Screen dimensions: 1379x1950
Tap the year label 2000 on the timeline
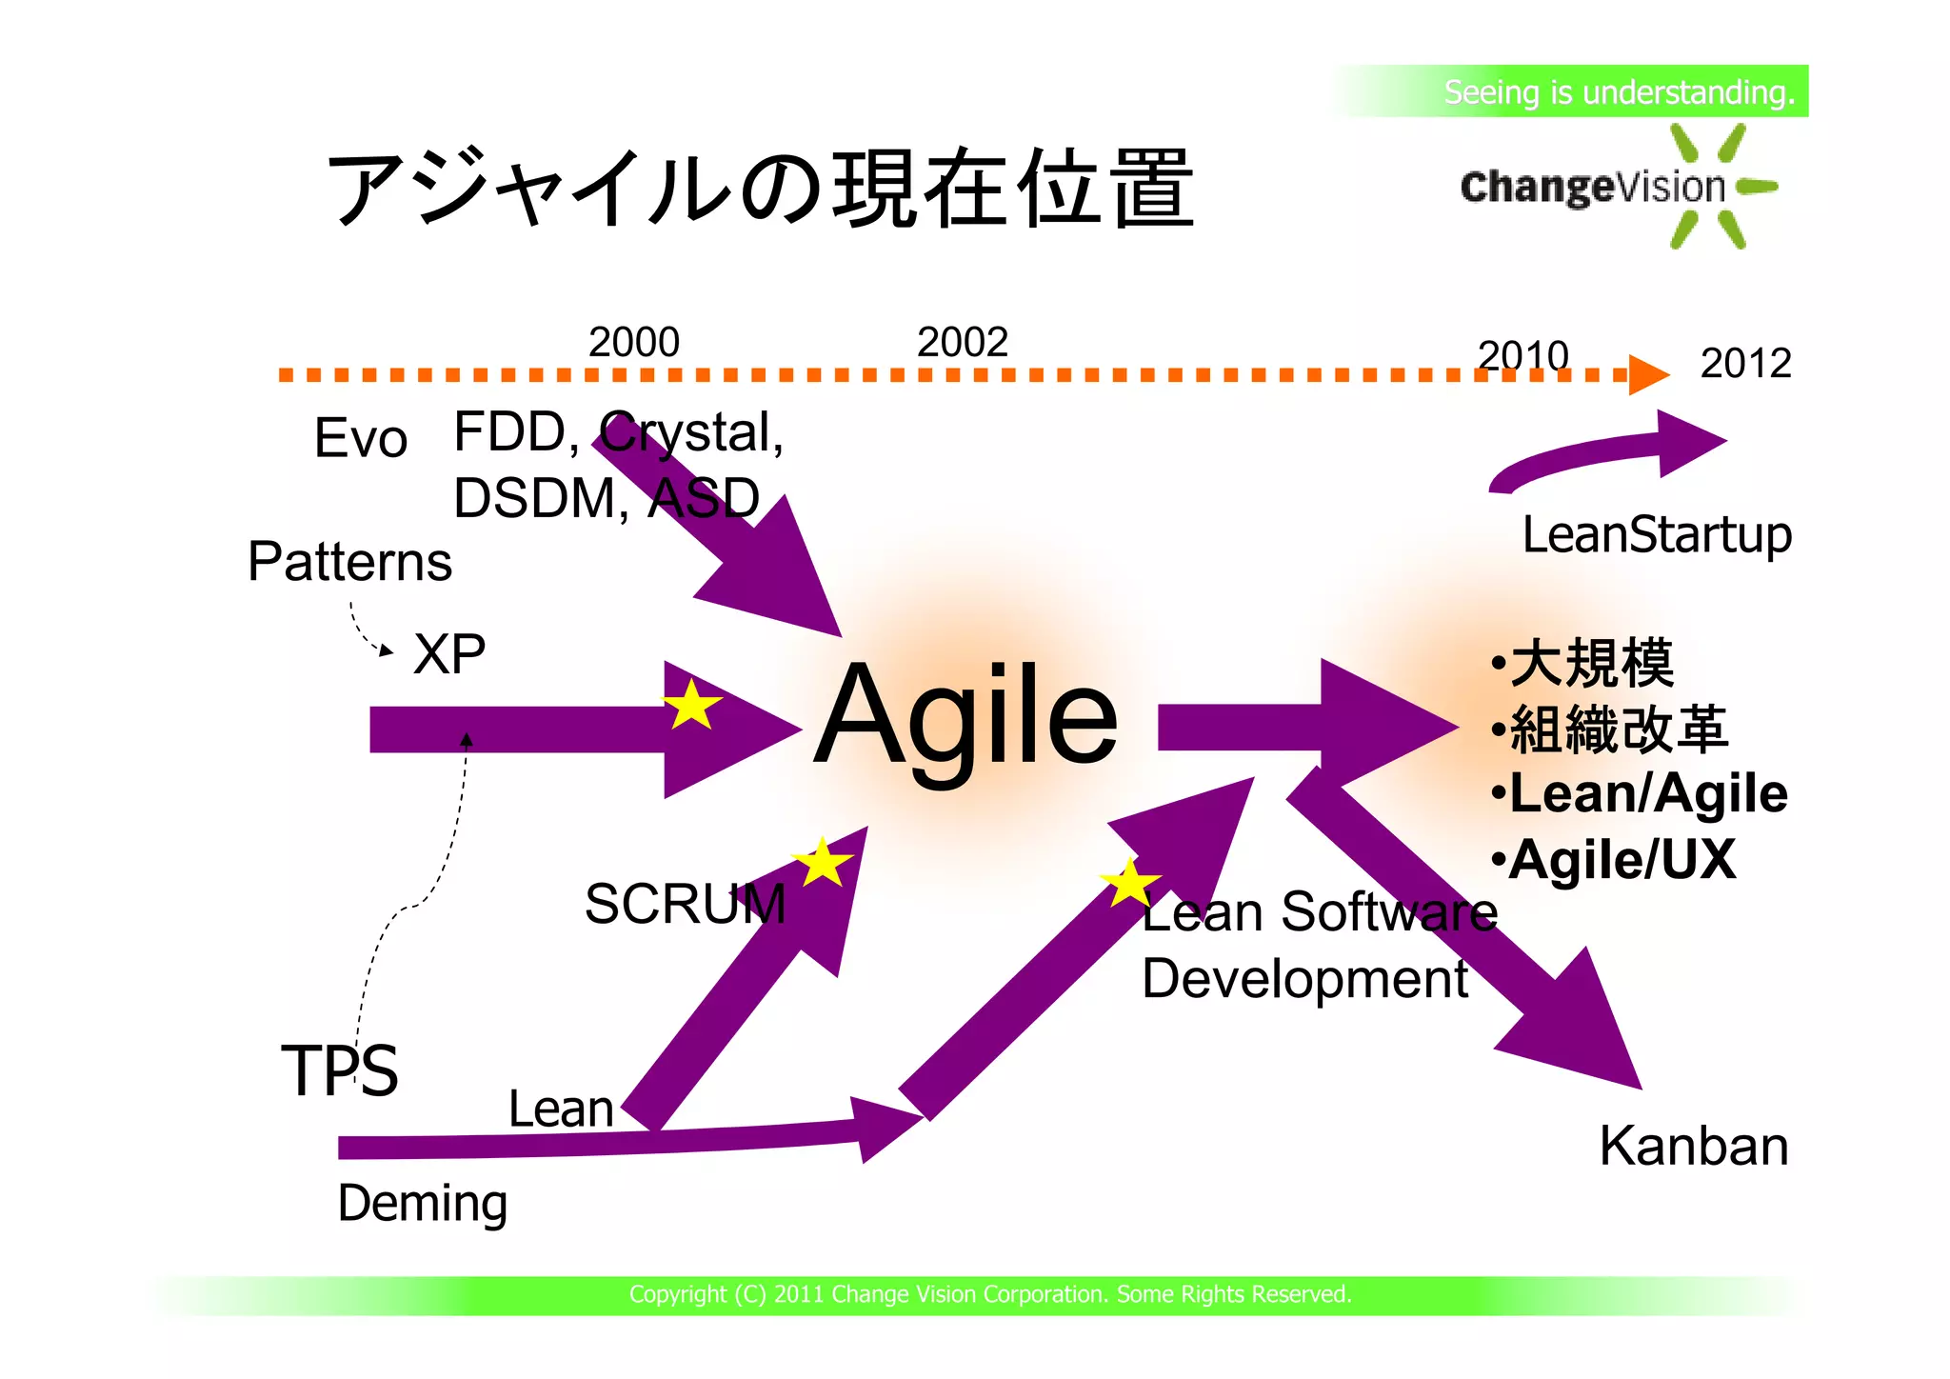tap(634, 342)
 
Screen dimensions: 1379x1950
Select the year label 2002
tap(962, 342)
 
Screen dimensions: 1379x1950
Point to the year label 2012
tap(1745, 363)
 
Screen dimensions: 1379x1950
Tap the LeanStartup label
tap(1657, 534)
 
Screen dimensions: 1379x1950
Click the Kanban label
tap(1693, 1146)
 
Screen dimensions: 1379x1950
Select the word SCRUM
tap(685, 903)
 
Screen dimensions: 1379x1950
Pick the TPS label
tap(340, 1070)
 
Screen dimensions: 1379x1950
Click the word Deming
tap(423, 1203)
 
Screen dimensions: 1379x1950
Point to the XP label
tap(449, 654)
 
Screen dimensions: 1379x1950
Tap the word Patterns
tap(349, 561)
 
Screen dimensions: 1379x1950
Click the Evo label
tap(361, 438)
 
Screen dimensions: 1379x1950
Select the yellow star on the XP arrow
tap(692, 706)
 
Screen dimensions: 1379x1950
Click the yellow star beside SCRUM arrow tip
tap(822, 864)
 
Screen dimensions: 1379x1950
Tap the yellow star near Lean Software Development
tap(1129, 884)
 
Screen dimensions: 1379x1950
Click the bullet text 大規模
tap(1591, 663)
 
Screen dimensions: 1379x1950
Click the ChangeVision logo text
tap(1592, 187)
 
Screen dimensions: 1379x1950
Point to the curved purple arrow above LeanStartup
tap(1609, 451)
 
